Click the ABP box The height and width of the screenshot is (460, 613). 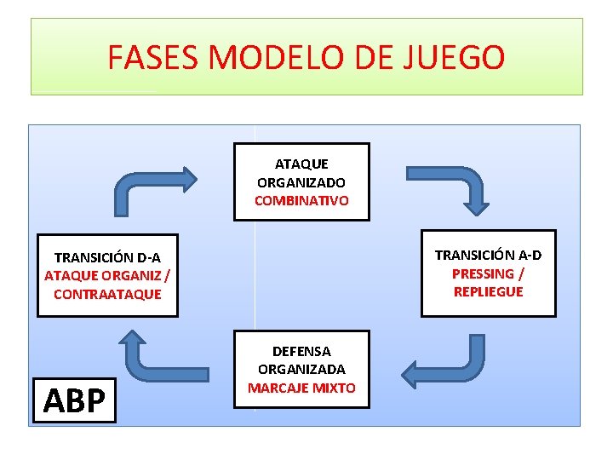[x=74, y=400]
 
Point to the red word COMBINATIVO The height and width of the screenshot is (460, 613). [x=301, y=201]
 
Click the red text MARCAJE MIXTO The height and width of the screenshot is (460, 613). [x=301, y=388]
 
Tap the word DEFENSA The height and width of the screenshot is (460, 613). [x=301, y=351]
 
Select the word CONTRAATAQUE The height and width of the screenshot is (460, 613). [x=107, y=294]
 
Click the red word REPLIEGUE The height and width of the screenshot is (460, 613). [x=488, y=291]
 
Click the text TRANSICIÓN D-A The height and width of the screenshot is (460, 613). [x=107, y=256]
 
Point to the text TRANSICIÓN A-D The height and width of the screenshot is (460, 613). [x=488, y=255]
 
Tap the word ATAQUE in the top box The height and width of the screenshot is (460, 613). [x=301, y=164]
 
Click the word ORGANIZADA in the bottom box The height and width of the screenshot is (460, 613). [x=301, y=370]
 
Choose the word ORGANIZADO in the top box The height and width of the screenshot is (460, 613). [x=301, y=182]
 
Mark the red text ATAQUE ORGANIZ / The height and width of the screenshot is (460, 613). [x=107, y=275]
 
